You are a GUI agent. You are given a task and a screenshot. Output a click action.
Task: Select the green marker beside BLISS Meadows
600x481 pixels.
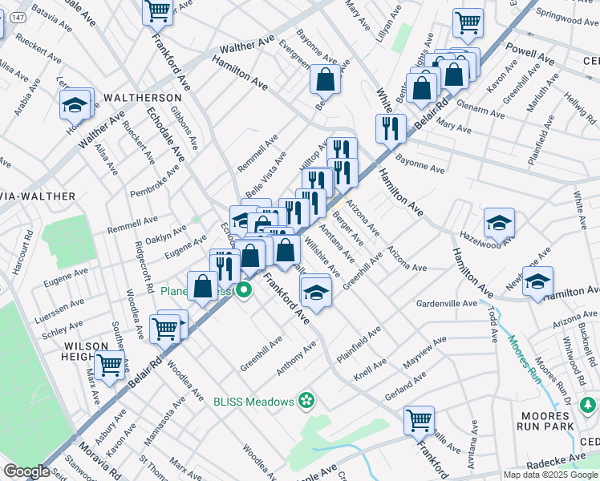coord(305,399)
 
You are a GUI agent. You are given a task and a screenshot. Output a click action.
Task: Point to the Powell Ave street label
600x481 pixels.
coord(531,55)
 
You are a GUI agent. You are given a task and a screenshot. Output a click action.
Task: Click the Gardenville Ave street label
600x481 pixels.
coord(446,304)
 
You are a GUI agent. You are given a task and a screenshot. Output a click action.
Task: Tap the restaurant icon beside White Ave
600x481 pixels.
coord(391,127)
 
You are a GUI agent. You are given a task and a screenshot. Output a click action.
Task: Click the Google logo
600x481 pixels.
coord(26,471)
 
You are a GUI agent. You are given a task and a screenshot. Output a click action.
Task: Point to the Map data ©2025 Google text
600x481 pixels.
coord(551,475)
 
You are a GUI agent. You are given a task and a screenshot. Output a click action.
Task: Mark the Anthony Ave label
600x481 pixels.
coord(297,358)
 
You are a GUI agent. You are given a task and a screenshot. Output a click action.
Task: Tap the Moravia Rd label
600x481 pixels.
coord(99,459)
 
